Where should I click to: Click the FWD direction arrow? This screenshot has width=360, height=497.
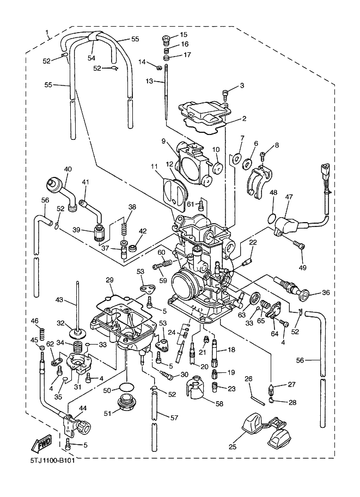(40, 445)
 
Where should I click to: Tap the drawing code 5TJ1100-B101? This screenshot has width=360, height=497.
(51, 461)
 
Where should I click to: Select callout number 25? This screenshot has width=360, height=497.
(232, 447)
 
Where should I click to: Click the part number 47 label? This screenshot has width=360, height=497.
(289, 197)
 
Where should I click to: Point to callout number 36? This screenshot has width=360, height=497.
(326, 292)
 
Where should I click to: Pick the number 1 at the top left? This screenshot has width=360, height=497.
(47, 32)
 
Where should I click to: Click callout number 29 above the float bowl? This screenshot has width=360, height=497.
(109, 280)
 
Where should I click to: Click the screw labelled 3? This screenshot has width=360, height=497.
(225, 93)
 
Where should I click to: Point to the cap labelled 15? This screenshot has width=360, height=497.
(166, 39)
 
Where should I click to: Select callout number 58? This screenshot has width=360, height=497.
(219, 403)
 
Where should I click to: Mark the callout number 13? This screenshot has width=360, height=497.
(149, 81)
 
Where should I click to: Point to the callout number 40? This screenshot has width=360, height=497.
(68, 169)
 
